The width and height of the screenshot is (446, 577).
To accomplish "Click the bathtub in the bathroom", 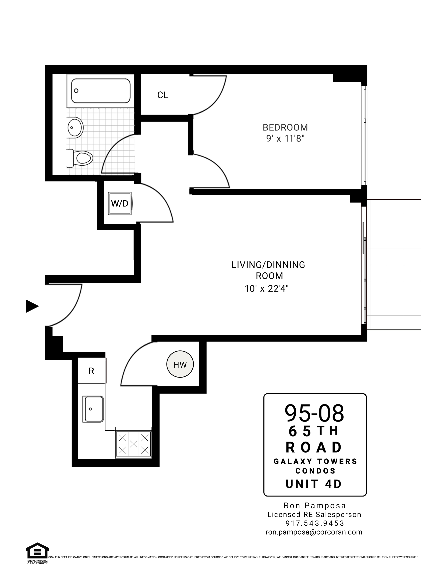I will point(101,91).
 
